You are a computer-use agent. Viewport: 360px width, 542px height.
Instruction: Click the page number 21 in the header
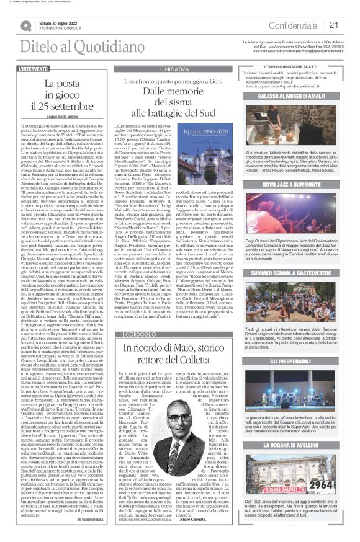(x=333, y=25)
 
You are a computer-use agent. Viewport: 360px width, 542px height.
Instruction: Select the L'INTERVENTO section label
(x=36, y=68)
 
